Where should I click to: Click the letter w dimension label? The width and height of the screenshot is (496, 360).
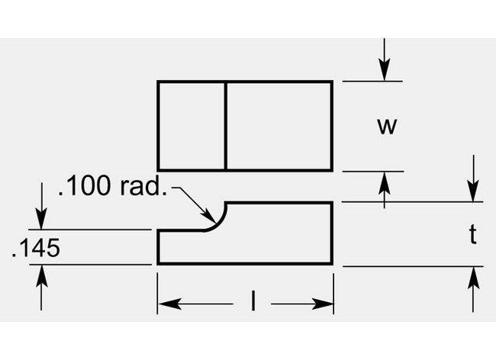[388, 126]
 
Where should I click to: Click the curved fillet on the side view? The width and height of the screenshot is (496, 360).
[218, 217]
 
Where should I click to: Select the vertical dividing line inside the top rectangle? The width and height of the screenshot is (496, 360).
[226, 125]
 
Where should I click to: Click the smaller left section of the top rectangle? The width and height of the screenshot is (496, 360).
[192, 125]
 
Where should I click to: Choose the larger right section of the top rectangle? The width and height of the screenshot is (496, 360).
[279, 125]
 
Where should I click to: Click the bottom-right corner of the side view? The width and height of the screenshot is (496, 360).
[332, 264]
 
